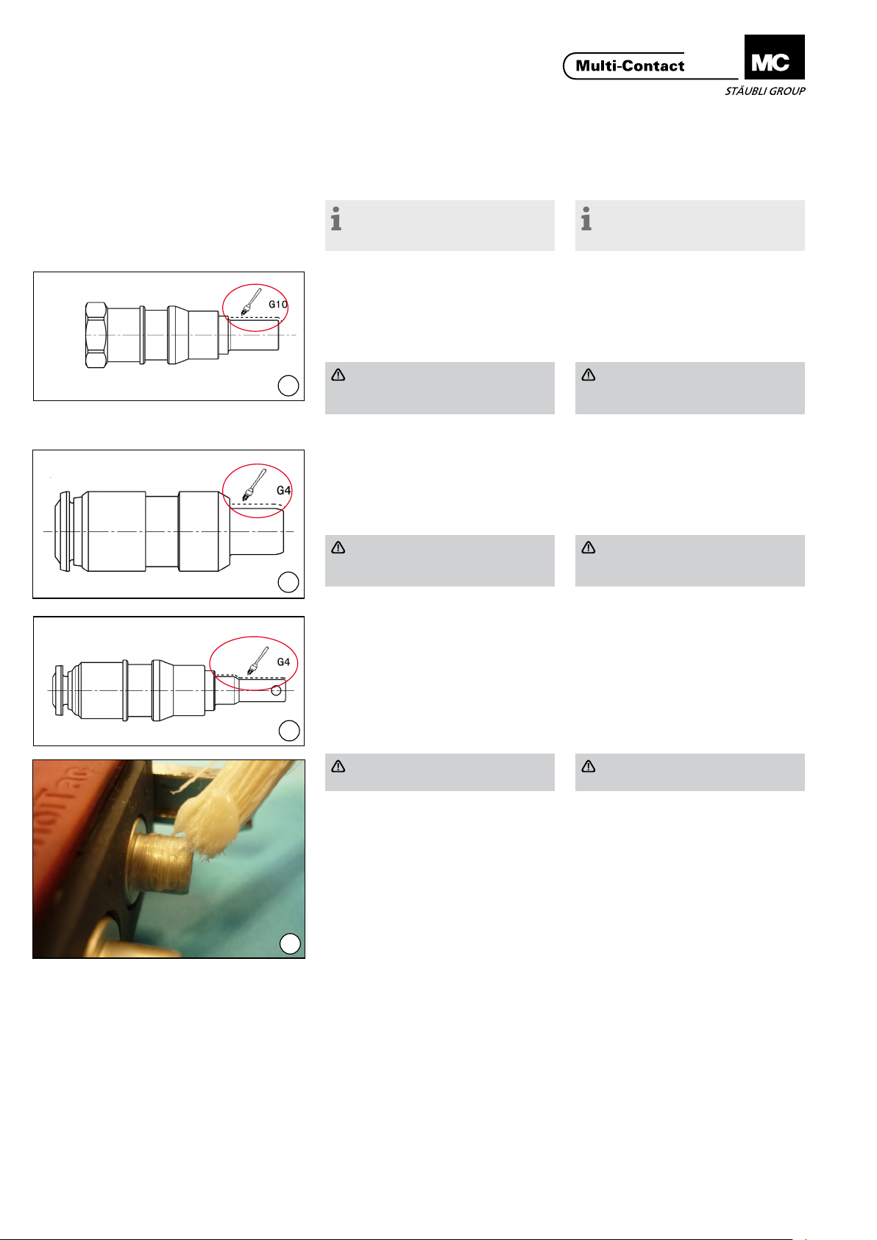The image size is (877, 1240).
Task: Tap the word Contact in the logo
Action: coord(653,66)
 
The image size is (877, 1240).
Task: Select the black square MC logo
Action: coord(774,57)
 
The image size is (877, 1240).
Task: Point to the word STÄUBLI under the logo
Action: coord(745,91)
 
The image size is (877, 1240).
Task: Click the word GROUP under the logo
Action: coord(787,91)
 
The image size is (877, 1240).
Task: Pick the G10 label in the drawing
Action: coord(278,305)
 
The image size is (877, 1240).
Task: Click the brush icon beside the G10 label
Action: coord(251,302)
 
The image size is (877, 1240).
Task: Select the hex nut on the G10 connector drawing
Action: coord(96,335)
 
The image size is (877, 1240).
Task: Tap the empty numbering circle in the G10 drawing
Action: coord(288,386)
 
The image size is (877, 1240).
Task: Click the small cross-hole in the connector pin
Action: coord(276,691)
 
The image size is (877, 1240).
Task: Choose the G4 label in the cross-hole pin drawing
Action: coord(283,662)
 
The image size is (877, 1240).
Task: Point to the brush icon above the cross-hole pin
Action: coord(258,661)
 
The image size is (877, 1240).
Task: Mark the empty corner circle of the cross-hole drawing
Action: coord(289,731)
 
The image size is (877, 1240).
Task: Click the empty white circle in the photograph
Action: coord(290,944)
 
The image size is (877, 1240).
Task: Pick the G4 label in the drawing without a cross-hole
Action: coord(284,490)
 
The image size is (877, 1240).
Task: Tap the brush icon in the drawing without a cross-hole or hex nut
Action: coord(254,485)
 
